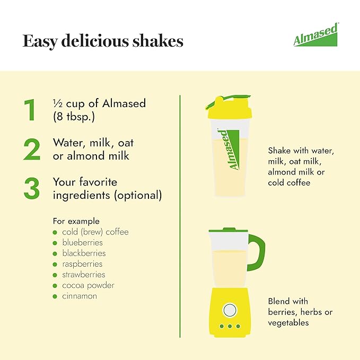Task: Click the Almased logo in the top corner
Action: click(315, 34)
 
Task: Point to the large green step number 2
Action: click(32, 149)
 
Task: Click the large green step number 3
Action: click(32, 188)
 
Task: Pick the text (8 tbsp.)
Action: click(74, 117)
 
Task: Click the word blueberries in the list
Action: click(82, 242)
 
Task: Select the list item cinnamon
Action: click(80, 296)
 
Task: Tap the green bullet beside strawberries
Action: click(55, 275)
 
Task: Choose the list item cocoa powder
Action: click(88, 285)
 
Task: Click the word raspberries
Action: click(82, 264)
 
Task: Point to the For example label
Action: click(76, 221)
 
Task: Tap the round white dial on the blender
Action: click(230, 310)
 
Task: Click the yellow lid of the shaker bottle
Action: click(230, 109)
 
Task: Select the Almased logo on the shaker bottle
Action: click(230, 150)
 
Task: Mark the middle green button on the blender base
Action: click(230, 326)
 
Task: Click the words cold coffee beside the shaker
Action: click(289, 183)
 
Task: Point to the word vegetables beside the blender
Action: click(288, 323)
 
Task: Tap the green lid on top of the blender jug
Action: click(228, 230)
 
